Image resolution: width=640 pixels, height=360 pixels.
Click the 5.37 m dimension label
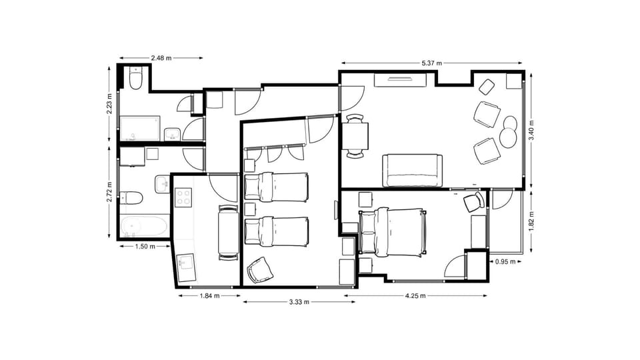pos(432,63)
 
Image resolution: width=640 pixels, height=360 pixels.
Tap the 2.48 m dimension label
pos(161,58)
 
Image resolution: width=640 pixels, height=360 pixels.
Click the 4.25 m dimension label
pos(415,296)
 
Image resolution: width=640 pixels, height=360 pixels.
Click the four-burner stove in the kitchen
pos(183,197)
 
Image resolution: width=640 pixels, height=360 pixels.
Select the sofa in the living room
pos(413,171)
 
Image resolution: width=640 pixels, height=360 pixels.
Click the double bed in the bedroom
pos(392,232)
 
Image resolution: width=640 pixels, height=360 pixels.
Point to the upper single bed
pos(276,187)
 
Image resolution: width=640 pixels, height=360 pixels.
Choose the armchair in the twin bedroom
pos(259,270)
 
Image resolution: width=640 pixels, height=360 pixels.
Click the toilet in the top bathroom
pos(136,80)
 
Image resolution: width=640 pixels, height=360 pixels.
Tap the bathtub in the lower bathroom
pos(143,226)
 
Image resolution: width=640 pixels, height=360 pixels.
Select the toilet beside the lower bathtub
pos(131,197)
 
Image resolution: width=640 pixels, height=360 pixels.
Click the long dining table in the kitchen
pos(228,232)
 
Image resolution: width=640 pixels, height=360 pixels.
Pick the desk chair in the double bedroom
pos(473,202)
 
